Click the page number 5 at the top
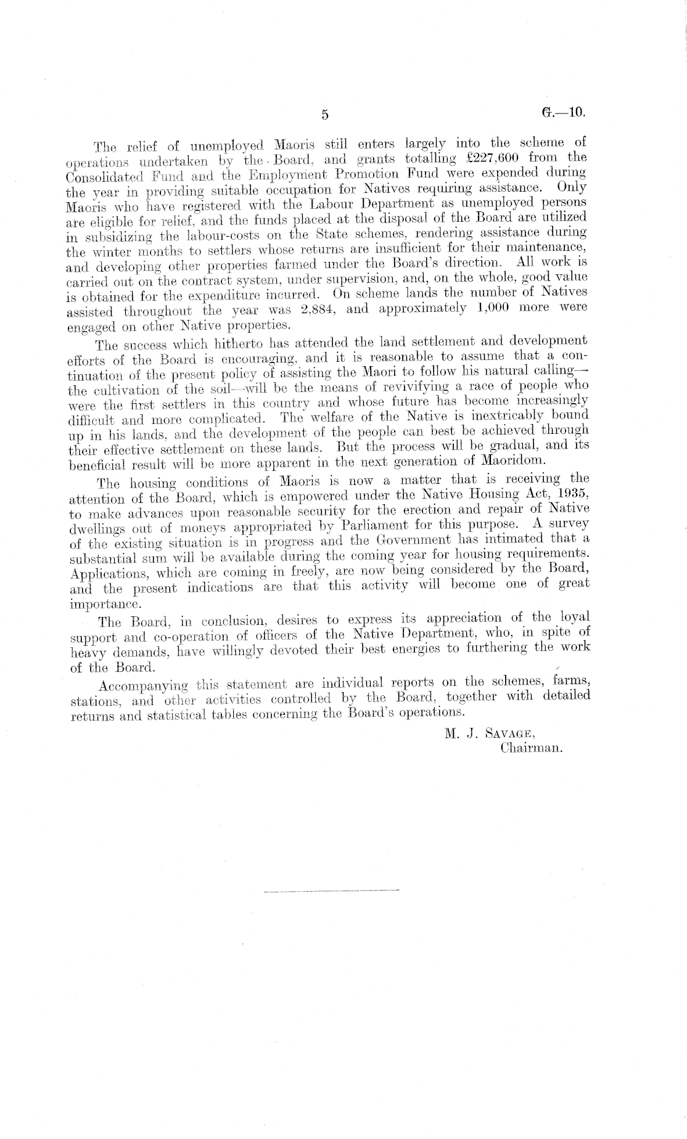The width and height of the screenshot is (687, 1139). coord(326,115)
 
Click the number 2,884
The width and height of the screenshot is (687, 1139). coord(317,309)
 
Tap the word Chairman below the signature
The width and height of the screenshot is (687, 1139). coord(532,749)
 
